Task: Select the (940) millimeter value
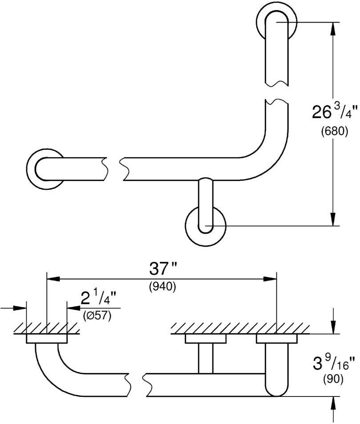pos(162,287)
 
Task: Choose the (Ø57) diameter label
pos(97,316)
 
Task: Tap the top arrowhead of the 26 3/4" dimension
pos(332,29)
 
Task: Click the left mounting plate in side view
pos(47,339)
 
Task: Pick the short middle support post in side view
pos(205,358)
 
